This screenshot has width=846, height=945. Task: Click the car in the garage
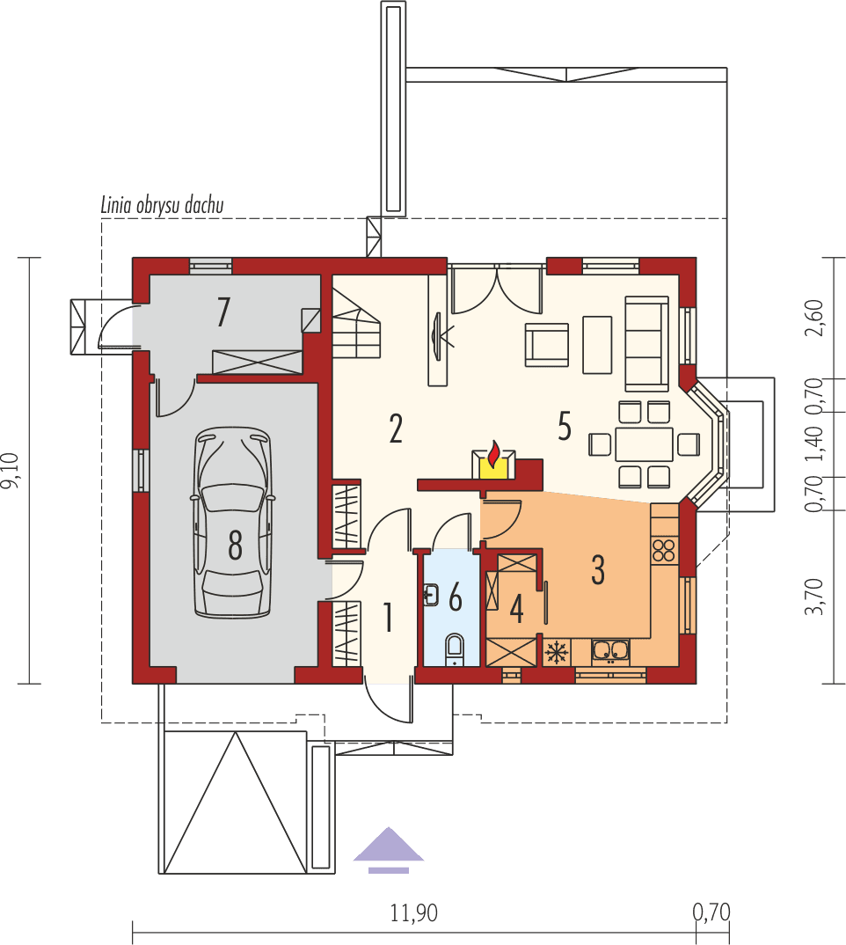coord(233,523)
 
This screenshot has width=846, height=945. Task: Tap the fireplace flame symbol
coord(494,457)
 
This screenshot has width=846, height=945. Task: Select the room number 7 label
coord(223,312)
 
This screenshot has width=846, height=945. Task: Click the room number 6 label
coord(455,597)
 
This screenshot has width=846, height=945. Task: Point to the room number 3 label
coord(598,570)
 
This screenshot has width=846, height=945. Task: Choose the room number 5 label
coord(564,426)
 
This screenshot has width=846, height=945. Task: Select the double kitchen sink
coord(610,651)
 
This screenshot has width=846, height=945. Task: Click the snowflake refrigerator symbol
coord(555,652)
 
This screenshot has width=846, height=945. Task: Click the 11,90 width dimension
coord(413,913)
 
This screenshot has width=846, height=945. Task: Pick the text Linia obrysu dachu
coord(163,206)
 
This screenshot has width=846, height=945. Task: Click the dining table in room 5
coord(644,444)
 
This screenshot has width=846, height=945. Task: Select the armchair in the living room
coord(546,344)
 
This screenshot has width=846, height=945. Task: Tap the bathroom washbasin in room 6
coord(430,596)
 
